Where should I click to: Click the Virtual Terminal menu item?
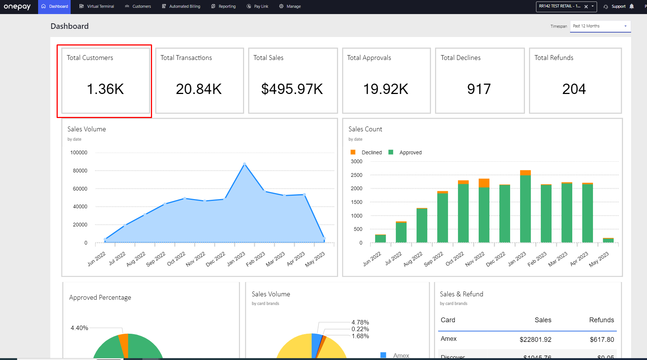[x=97, y=6]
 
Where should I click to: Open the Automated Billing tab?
[x=181, y=6]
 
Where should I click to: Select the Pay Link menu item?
[x=257, y=6]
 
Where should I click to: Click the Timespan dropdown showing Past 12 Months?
[x=600, y=26]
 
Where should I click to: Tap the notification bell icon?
[x=631, y=6]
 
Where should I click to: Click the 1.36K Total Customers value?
[x=105, y=89]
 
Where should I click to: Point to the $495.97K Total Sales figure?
[x=292, y=89]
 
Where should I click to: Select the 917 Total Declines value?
[x=479, y=89]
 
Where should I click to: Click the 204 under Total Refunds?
[x=574, y=89]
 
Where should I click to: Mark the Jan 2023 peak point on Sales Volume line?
[x=245, y=164]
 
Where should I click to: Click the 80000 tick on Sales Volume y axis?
[x=80, y=171]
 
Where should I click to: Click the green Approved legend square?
[x=391, y=152]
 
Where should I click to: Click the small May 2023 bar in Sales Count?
[x=608, y=240]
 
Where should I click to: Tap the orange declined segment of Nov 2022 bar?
[x=484, y=183]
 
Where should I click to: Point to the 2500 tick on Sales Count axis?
[x=357, y=175]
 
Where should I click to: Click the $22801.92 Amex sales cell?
[x=535, y=339]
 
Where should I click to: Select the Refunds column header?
[x=601, y=320]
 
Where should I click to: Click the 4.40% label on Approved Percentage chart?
[x=79, y=328]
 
